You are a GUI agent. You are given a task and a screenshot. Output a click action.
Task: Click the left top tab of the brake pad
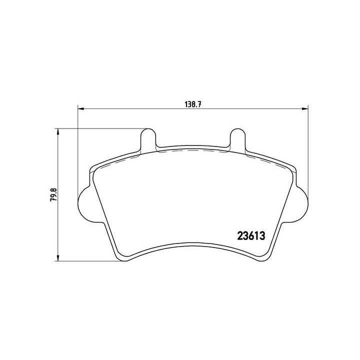click(147, 138)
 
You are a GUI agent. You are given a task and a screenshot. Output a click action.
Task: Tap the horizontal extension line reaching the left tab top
click(100, 129)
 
